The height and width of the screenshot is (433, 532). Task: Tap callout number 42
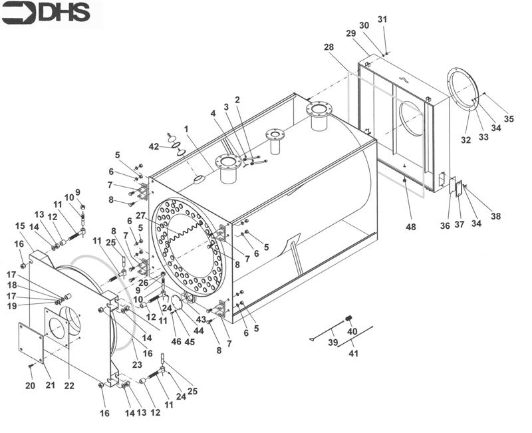tap(154, 146)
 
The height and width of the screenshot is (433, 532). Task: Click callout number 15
tap(20, 226)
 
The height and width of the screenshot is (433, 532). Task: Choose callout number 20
tap(30, 386)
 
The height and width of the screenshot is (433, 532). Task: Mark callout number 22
tap(69, 386)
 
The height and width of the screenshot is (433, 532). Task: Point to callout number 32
tap(465, 140)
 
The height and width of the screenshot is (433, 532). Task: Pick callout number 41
tap(353, 353)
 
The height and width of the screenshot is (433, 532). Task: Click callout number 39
tap(332, 343)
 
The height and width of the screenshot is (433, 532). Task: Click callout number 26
tap(144, 283)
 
